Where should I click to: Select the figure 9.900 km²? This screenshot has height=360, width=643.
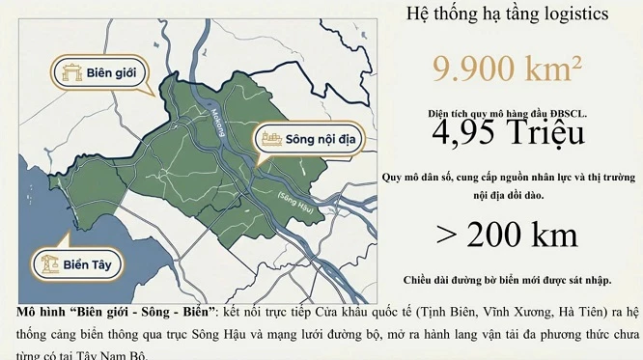coord(507,70)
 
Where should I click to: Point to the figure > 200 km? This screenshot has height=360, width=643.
coord(507,234)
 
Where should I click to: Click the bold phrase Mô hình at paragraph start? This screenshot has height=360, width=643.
coord(44,314)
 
